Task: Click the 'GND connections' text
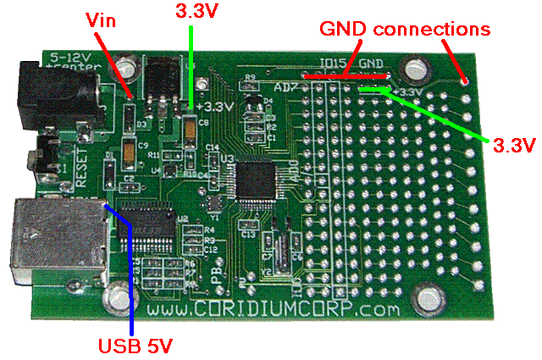(404, 29)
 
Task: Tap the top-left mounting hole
(128, 64)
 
